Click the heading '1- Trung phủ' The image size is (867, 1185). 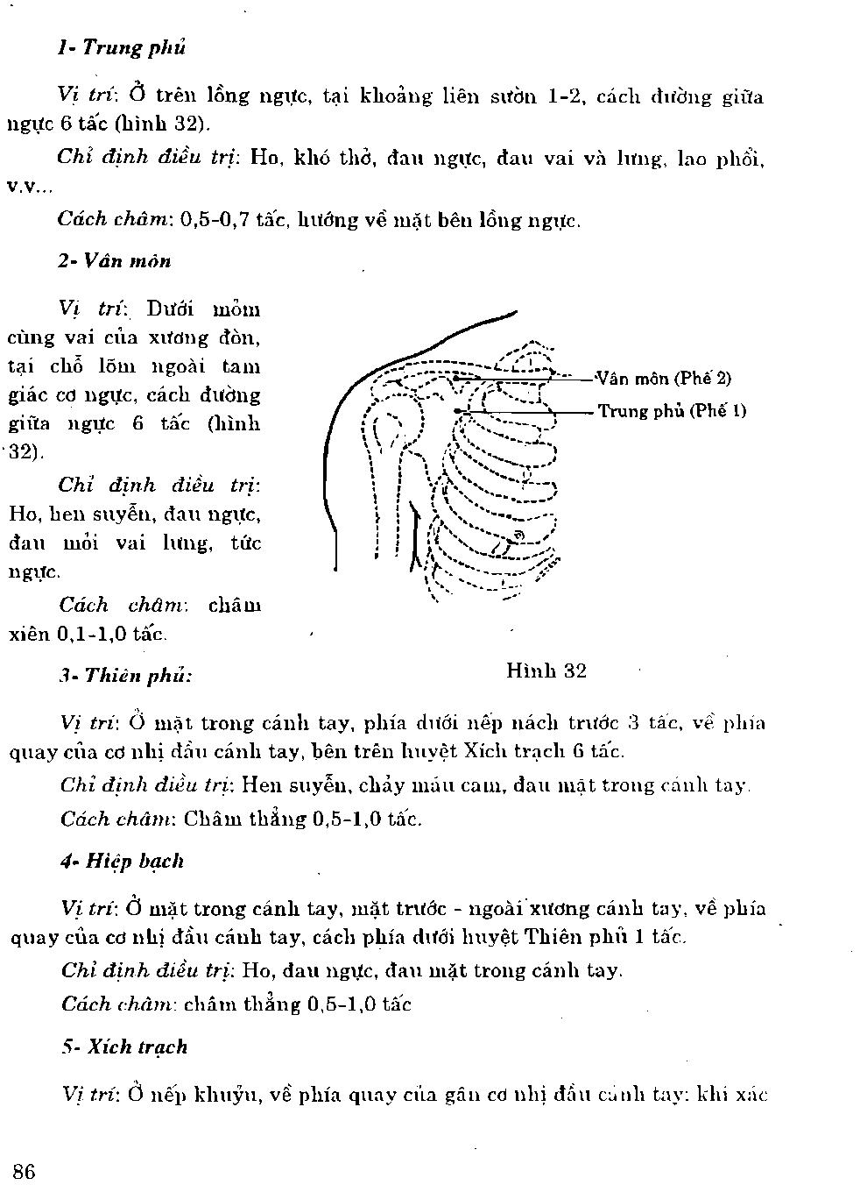click(122, 48)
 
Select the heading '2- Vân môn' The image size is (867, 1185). click(115, 261)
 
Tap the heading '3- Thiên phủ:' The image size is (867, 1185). click(126, 676)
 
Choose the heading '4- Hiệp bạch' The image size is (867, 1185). click(123, 861)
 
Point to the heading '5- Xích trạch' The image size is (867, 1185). click(124, 1047)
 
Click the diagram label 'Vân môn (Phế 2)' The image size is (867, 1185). click(663, 379)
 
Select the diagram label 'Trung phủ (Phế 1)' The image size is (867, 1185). click(673, 410)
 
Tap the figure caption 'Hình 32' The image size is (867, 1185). click(546, 671)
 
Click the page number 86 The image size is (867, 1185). click(24, 1171)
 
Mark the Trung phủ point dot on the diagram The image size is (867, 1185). click(457, 410)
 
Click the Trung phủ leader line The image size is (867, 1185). click(525, 411)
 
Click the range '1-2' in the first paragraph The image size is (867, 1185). click(565, 96)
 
